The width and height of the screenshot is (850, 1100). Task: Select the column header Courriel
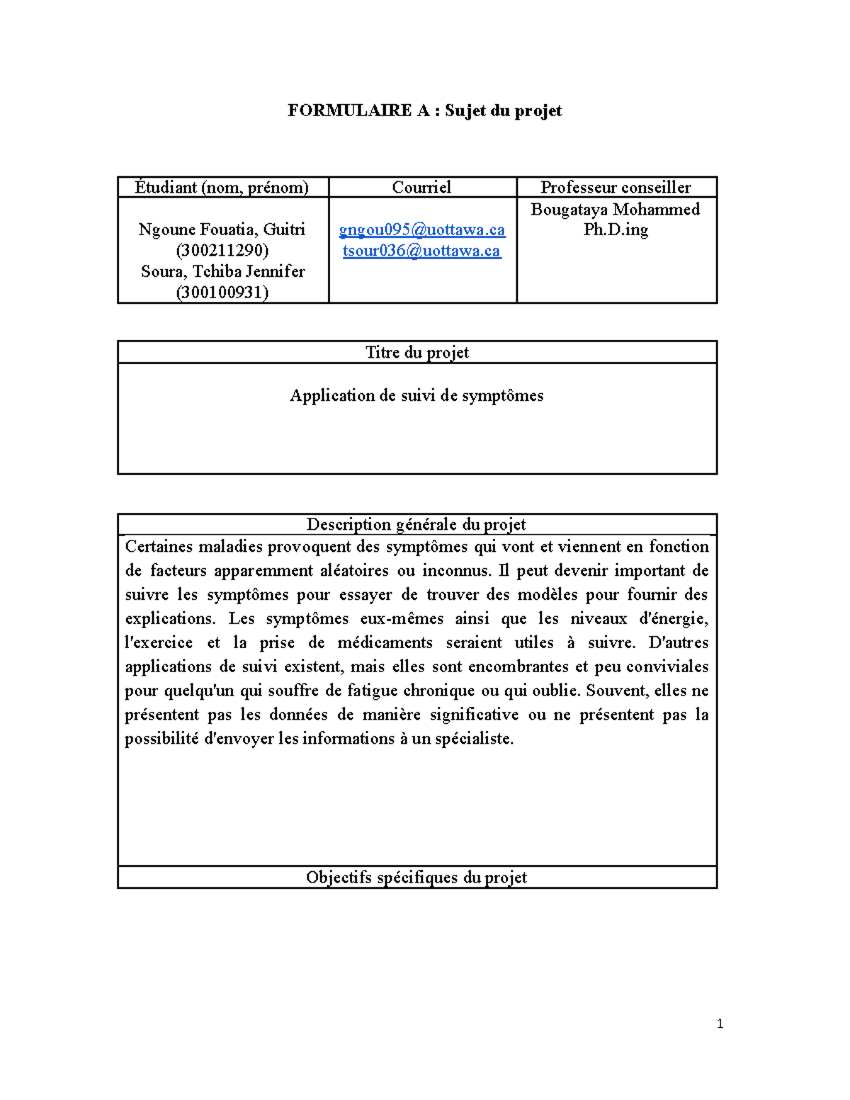421,187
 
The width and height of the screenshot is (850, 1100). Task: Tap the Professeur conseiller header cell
616,187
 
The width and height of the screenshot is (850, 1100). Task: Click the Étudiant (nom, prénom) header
222,187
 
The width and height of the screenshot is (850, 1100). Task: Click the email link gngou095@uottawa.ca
422,229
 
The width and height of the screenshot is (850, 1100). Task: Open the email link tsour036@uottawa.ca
422,251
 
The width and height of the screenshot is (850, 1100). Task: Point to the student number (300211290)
222,251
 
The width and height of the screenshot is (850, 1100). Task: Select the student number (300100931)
222,293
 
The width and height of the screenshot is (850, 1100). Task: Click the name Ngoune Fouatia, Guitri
222,229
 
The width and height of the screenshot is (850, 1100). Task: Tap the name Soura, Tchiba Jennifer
222,271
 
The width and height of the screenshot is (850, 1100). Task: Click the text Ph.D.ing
616,229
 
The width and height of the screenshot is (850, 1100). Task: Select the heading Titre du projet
416,352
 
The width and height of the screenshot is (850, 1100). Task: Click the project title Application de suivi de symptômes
416,395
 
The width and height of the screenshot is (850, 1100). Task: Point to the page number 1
720,1024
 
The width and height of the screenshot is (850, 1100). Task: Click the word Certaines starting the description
159,546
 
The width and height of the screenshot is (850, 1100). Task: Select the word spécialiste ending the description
473,739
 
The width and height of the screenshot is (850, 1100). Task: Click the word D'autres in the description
678,642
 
